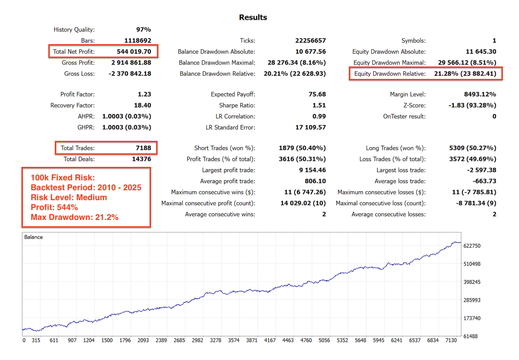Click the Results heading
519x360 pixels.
(253, 17)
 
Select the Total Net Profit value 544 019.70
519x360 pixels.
(134, 52)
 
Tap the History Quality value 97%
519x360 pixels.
(143, 30)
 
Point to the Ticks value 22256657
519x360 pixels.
(310, 41)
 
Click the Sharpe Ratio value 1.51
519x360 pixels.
(319, 105)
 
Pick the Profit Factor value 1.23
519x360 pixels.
(144, 94)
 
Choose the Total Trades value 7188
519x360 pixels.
(143, 148)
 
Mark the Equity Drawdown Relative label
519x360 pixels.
(390, 74)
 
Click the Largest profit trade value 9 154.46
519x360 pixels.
(312, 170)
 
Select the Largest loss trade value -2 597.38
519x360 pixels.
(481, 170)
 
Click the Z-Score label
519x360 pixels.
(414, 105)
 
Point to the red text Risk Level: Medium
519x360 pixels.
(69, 197)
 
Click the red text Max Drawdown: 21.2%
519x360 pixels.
(74, 217)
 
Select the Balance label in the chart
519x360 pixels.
(33, 237)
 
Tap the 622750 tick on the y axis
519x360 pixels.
(472, 246)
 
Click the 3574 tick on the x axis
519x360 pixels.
(233, 340)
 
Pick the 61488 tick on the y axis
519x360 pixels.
(470, 336)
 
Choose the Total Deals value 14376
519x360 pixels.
(141, 159)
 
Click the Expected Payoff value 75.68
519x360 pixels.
(317, 94)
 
